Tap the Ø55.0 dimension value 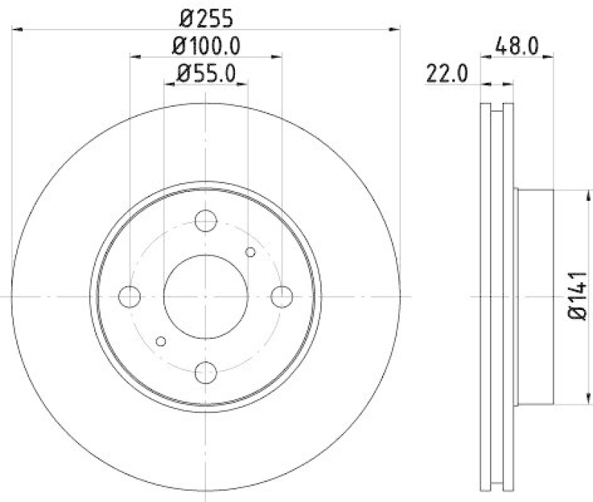[206, 73]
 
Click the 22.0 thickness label [445, 73]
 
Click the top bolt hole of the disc [205, 220]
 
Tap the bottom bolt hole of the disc [205, 371]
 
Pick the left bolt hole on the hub [130, 296]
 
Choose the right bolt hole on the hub [281, 296]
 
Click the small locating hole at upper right [250, 252]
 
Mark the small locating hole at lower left [161, 340]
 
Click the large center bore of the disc [205, 296]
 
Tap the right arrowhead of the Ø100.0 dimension [277, 56]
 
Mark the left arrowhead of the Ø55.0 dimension [168, 84]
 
